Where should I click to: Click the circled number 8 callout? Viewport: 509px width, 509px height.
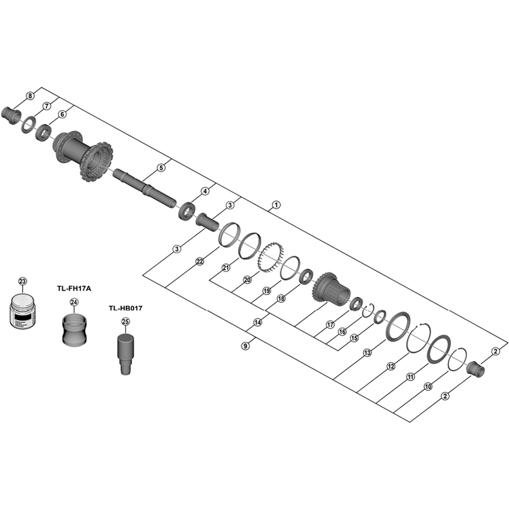[x=30, y=96]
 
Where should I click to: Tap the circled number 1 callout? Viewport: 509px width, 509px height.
[x=276, y=205]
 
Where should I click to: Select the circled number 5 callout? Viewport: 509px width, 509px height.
[x=161, y=168]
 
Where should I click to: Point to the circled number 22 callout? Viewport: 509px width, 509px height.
[x=200, y=261]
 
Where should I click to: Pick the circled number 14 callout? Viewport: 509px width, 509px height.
[x=258, y=323]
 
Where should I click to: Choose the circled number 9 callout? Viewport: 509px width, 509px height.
[x=246, y=346]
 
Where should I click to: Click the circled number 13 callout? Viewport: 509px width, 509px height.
[x=367, y=352]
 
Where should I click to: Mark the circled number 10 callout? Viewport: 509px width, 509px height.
[x=428, y=387]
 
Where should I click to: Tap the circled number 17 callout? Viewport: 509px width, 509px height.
[x=330, y=324]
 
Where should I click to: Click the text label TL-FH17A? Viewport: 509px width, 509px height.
[x=74, y=288]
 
